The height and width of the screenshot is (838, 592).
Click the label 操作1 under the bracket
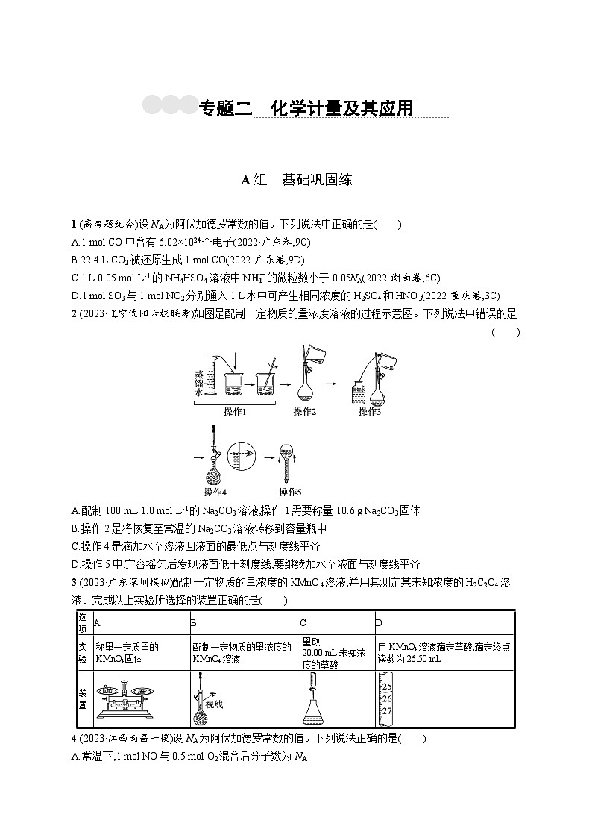[x=235, y=411]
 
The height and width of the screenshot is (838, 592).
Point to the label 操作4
[x=215, y=492]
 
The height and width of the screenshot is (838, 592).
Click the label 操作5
[x=290, y=492]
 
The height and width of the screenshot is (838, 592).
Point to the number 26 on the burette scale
[x=386, y=698]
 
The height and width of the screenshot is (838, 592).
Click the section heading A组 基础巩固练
[x=296, y=179]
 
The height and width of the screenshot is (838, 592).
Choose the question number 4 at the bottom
[x=73, y=739]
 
